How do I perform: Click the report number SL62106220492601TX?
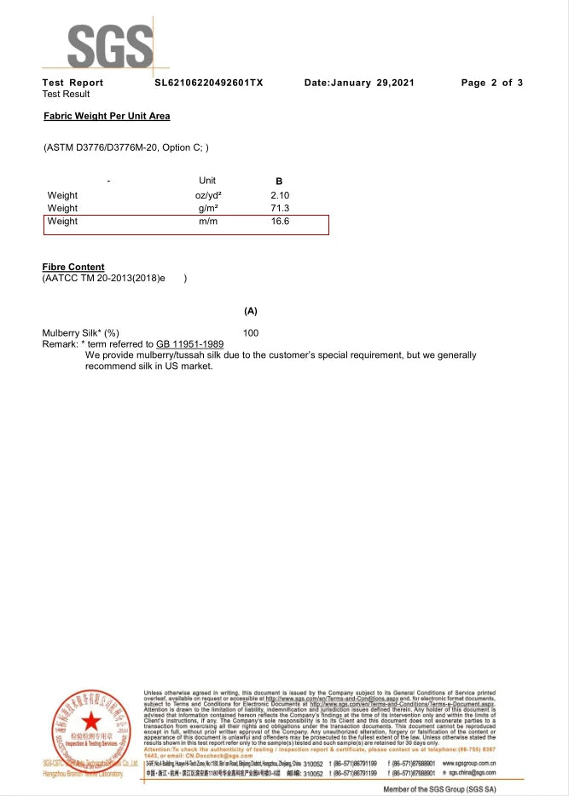(209, 83)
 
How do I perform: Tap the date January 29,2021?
(359, 83)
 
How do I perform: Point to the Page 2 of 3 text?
(491, 83)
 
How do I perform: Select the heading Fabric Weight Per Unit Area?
(106, 115)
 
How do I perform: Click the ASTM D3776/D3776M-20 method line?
(125, 147)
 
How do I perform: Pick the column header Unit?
(207, 181)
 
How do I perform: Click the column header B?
(279, 182)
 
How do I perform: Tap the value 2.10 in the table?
(280, 195)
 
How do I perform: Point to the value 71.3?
(280, 208)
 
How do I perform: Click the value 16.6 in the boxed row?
(280, 222)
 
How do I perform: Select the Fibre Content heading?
(73, 267)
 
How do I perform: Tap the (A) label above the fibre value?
(251, 311)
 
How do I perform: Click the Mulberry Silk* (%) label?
(81, 332)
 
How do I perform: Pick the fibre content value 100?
(251, 332)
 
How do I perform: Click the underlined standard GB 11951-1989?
(190, 343)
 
